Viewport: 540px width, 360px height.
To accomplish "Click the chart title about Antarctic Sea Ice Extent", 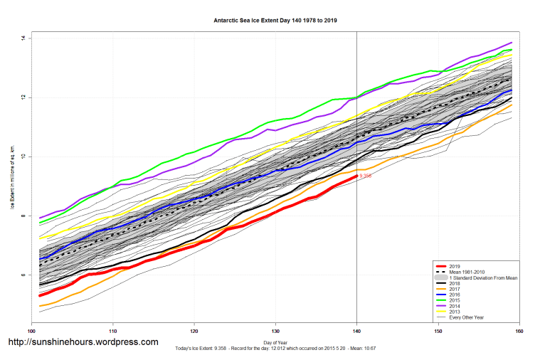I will (x=275, y=21).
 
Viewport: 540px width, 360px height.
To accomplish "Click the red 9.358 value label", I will (x=365, y=176).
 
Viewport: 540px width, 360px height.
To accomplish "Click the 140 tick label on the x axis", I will (x=356, y=331).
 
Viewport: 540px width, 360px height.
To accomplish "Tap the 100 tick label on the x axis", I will (x=31, y=331).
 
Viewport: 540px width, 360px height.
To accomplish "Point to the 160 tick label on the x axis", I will (x=519, y=331).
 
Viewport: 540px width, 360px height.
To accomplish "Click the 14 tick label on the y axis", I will (x=23, y=38).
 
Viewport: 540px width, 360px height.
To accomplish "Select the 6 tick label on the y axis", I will (x=23, y=275).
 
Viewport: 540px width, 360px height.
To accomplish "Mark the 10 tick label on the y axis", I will (x=23, y=157).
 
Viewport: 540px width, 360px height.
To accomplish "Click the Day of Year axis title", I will (x=275, y=343).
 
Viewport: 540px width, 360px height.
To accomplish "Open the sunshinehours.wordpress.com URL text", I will (x=83, y=342).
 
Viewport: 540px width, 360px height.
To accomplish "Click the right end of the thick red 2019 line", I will (x=356, y=176).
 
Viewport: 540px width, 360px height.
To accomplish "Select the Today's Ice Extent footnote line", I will (x=275, y=349).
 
